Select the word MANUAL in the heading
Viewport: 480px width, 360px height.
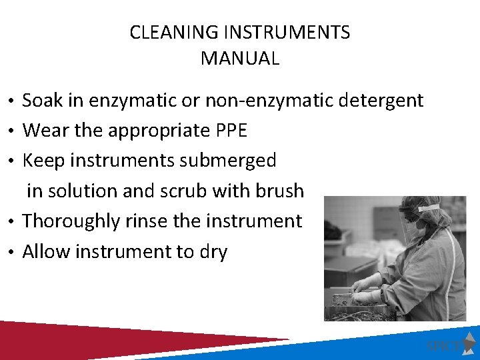point(240,58)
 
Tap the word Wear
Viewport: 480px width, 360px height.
point(46,131)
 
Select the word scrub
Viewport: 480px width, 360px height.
point(184,191)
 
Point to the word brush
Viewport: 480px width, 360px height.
point(279,191)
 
